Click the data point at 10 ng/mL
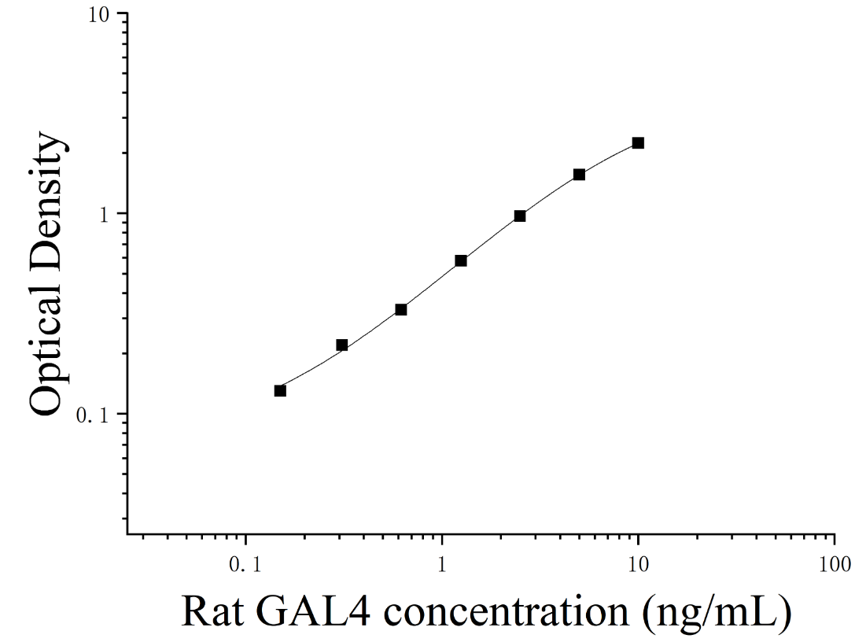point(638,143)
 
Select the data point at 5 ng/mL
point(579,175)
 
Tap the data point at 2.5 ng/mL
point(520,216)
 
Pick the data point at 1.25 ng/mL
point(461,260)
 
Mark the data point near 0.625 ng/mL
point(401,310)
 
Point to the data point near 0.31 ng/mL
point(342,345)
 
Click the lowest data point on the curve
point(280,391)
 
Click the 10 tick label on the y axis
point(99,16)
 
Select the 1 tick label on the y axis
point(105,216)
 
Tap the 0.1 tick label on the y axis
point(93,416)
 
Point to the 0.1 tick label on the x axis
point(245,566)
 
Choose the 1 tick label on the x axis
point(442,566)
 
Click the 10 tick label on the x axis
point(639,566)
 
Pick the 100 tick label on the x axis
point(835,566)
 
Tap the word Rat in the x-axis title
point(212,612)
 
